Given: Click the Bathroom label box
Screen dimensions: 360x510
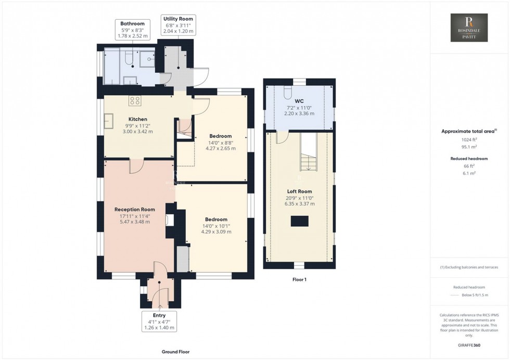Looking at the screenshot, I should coord(133,30).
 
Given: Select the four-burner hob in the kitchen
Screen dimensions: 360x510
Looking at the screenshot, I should coord(135,100).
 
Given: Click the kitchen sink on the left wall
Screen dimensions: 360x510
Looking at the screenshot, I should coord(110,121).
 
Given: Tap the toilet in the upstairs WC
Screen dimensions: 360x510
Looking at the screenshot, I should coord(287,92).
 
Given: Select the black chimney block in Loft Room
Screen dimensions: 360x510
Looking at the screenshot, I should coord(299,222).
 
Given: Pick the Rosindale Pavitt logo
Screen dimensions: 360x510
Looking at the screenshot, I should coord(469,28).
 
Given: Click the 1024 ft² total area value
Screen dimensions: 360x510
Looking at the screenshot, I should coord(469,139).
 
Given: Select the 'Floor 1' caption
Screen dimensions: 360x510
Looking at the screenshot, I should coord(299,280).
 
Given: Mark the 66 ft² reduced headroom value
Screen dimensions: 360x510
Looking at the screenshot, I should coord(469,166).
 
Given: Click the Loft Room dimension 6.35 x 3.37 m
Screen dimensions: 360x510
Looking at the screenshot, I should coord(300,204).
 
